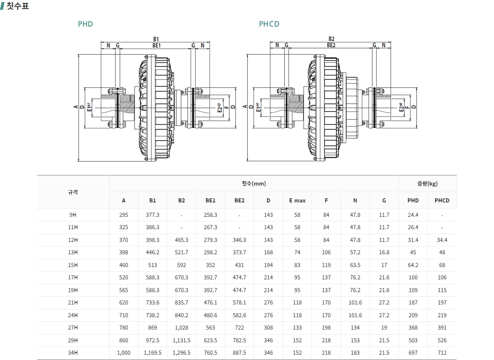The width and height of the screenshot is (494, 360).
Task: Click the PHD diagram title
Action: tap(85, 24)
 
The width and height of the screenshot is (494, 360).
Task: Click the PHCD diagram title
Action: tap(269, 24)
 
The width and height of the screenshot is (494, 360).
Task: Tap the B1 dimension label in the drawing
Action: tap(156, 39)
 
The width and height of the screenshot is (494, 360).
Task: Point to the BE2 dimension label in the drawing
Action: tap(331, 45)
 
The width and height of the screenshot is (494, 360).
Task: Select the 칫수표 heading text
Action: tap(18, 6)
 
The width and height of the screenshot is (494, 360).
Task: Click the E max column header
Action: tap(297, 200)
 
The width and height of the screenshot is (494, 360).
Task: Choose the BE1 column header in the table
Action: tap(210, 200)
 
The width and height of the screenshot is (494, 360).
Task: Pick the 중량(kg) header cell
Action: tap(427, 183)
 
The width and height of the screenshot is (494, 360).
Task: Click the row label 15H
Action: tap(73, 265)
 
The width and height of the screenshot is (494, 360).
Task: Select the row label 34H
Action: tap(73, 353)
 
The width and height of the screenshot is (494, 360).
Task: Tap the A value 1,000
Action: tap(123, 353)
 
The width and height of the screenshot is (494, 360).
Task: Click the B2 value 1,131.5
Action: tap(182, 340)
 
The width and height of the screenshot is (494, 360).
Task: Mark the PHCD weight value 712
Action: tap(442, 353)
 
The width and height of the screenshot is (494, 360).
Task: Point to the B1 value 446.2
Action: tap(152, 252)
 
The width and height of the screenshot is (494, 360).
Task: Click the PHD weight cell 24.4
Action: tap(413, 215)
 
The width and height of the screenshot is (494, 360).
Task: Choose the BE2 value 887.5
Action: tap(239, 353)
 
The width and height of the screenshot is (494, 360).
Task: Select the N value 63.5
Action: tap(355, 265)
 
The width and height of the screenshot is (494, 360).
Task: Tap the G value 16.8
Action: tap(384, 252)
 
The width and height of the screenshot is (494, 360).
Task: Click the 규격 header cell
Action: tap(73, 192)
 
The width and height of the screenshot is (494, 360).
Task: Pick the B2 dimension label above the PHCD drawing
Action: tap(331, 39)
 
